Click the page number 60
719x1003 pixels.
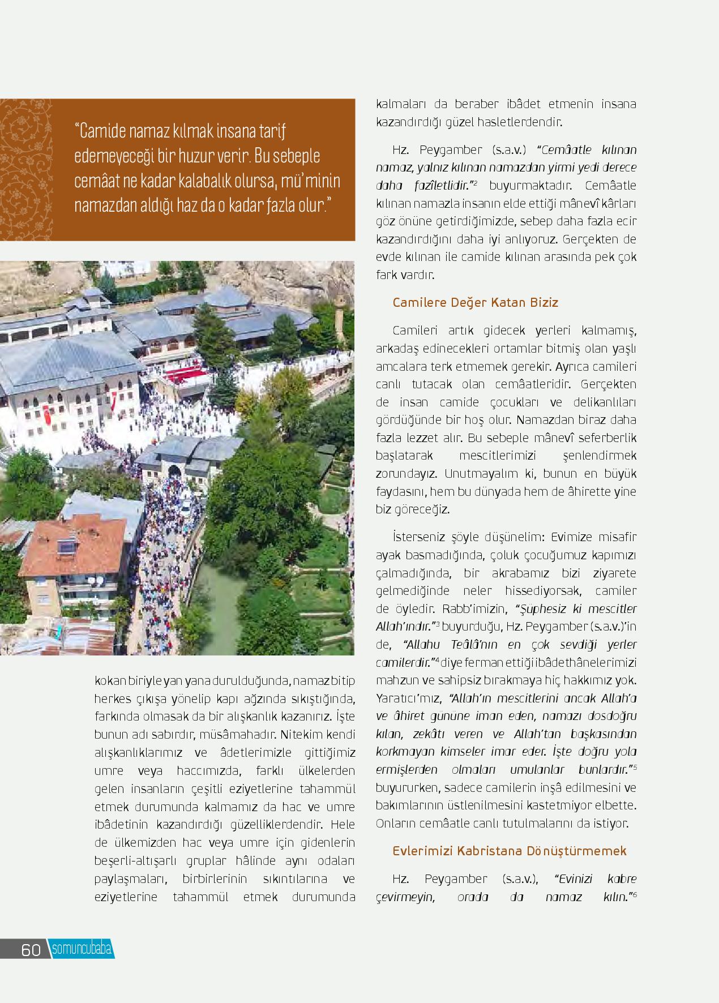31,949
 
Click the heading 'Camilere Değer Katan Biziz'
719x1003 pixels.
475,302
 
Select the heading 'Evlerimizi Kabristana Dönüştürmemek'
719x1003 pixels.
509,851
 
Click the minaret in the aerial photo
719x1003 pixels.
341,317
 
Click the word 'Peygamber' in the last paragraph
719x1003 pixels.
455,879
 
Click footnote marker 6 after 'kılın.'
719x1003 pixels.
635,894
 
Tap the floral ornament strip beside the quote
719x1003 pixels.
25,170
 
